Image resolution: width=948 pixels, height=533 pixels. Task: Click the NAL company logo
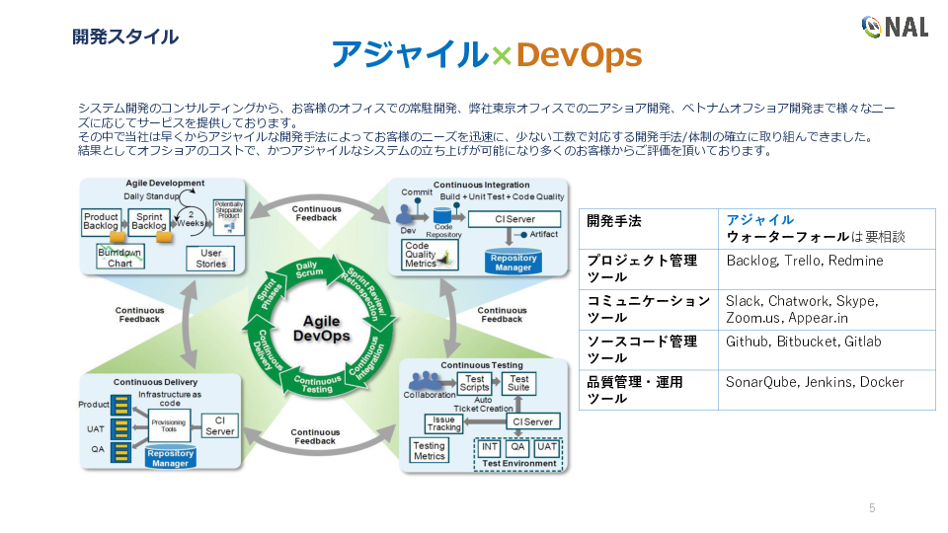[895, 27]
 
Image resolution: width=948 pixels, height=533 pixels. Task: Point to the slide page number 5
[872, 508]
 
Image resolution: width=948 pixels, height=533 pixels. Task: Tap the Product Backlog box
[101, 222]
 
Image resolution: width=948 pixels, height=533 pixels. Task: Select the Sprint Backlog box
[149, 222]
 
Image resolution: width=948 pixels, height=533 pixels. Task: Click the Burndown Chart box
[119, 259]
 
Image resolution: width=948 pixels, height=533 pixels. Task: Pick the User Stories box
[210, 259]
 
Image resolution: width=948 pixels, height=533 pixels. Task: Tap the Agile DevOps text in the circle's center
[322, 329]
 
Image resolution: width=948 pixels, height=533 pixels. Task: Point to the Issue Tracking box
[444, 423]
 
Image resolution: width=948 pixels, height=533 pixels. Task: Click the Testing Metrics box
[430, 450]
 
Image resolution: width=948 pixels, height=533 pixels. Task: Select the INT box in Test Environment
[490, 446]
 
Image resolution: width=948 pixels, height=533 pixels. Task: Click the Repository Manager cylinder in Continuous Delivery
[170, 458]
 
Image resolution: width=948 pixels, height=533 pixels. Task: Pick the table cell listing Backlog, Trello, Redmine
[827, 269]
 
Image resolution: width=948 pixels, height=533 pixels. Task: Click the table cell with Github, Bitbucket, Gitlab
[827, 350]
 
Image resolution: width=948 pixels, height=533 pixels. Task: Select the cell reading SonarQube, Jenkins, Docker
[827, 390]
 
